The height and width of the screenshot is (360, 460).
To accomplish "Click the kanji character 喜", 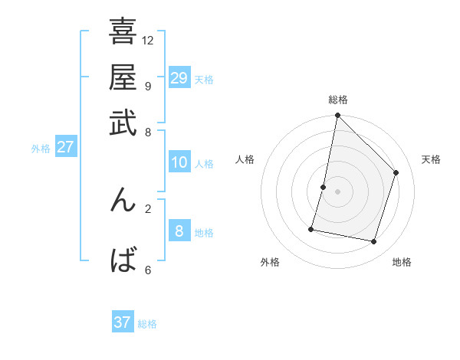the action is [123, 33].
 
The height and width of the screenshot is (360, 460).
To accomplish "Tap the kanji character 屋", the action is [123, 78].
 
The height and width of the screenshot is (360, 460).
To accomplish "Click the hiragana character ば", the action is [123, 260].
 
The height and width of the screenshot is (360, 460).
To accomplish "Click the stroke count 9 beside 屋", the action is [147, 86].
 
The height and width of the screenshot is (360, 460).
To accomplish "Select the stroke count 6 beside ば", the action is [147, 269].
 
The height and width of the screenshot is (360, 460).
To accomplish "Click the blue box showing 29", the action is [179, 78].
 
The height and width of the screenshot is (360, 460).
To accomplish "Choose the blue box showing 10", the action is [179, 162].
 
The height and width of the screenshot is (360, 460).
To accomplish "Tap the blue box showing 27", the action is [65, 147].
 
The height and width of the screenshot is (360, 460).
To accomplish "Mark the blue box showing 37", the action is [123, 322].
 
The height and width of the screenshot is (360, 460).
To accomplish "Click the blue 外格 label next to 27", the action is [41, 149].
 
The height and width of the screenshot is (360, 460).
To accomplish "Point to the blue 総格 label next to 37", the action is [147, 324].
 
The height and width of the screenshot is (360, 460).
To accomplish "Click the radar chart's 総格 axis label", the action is [338, 100].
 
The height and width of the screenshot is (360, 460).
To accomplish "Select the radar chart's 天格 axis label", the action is [431, 159].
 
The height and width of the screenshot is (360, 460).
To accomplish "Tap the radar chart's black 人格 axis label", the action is [245, 159].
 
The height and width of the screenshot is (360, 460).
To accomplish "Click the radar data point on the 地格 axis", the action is [374, 242].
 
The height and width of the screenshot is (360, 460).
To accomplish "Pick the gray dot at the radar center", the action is [338, 191].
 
